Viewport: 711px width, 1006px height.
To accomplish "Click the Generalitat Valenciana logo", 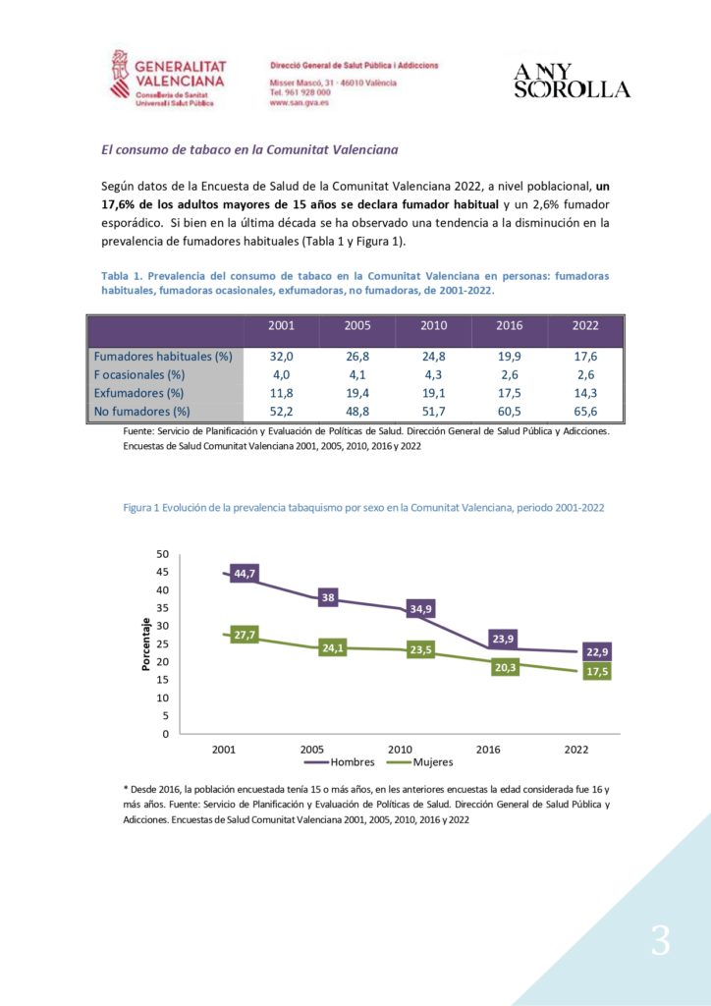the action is pos(169,77).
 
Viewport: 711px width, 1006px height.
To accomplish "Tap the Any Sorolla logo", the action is pos(572,81).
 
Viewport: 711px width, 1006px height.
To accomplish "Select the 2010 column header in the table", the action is pos(433,325).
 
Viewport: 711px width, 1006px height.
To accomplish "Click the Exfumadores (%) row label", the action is pos(138,393).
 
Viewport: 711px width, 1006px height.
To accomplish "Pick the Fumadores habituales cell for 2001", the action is pos(282,356).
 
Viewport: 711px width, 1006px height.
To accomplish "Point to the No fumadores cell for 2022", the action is pos(584,412).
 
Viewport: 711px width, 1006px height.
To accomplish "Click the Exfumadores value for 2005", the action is pos(357,393).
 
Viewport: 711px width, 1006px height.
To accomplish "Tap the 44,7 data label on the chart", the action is pos(244,574).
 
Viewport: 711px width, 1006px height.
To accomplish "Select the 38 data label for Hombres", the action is pos(328,598).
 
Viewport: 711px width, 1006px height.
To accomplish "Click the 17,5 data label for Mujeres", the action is pos(597,672).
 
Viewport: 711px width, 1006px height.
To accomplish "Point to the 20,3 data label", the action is pos(505,668).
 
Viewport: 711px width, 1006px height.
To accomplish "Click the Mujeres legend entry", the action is pos(421,762).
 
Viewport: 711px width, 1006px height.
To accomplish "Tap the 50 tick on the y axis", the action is pos(162,554).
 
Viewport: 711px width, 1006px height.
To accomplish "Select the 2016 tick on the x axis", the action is pos(488,749).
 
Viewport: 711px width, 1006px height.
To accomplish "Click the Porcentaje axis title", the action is pos(145,644).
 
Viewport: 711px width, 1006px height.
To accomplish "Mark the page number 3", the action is pos(660,941).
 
